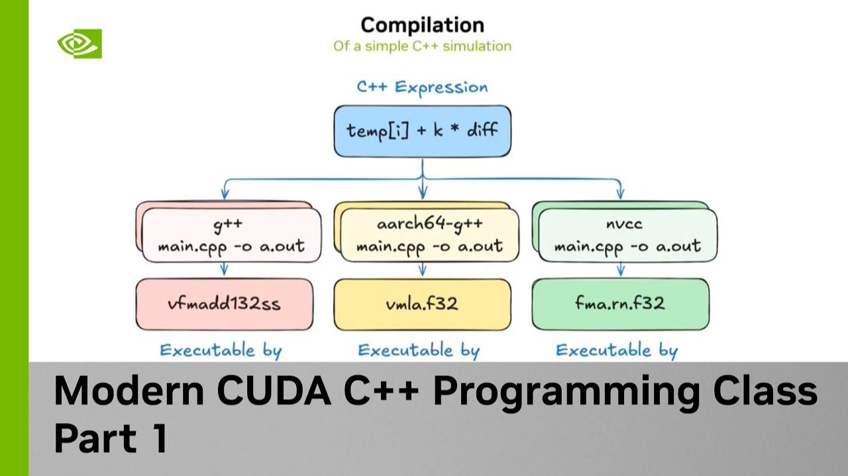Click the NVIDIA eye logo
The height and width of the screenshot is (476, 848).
coord(79,44)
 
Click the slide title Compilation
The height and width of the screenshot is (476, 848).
coord(422,25)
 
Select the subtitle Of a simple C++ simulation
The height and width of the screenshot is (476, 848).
coord(422,46)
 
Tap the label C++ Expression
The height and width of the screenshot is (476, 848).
coord(422,87)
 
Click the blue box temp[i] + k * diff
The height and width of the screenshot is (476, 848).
coord(422,130)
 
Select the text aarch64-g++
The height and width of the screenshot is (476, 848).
coord(429,224)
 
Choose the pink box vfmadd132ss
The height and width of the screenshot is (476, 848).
coord(224,304)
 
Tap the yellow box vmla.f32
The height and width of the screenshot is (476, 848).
coord(422,304)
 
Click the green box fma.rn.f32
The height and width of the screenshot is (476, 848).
coord(620,304)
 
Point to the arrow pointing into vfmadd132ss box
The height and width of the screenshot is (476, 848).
coord(224,269)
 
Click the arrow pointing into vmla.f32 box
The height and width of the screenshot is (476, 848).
coord(422,269)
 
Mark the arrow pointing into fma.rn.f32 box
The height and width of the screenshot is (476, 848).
coord(620,269)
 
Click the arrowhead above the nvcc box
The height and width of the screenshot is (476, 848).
coord(620,193)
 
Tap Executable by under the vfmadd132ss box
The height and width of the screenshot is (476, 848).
coord(221,350)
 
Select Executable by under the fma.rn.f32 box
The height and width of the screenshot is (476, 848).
coord(617,350)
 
